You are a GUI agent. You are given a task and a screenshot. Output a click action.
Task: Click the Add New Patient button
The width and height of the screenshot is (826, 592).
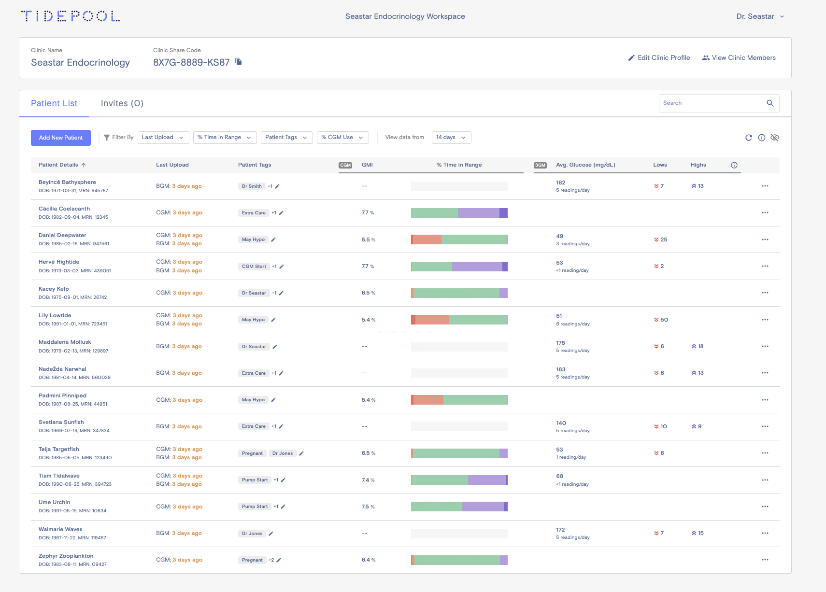(60, 138)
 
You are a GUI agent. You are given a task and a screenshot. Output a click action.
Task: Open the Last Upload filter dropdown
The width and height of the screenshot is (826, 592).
(163, 138)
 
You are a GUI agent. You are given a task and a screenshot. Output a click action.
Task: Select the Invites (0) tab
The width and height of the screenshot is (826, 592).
(122, 103)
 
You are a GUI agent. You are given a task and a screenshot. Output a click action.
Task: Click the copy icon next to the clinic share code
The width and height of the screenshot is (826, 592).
(239, 61)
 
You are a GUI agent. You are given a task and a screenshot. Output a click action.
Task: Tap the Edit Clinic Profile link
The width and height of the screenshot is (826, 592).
(659, 58)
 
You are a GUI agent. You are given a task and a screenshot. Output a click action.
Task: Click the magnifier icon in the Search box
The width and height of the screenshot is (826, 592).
(770, 103)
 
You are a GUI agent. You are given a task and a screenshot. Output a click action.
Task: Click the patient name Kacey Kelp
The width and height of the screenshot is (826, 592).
(54, 289)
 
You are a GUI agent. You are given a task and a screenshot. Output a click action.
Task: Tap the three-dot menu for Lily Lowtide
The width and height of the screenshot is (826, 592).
(765, 320)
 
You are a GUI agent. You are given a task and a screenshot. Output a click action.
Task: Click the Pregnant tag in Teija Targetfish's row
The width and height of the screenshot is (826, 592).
(252, 453)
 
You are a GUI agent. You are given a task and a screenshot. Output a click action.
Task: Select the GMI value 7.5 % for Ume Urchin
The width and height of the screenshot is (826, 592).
(368, 507)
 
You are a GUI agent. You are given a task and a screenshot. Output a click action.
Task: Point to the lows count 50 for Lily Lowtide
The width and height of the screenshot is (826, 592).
(664, 320)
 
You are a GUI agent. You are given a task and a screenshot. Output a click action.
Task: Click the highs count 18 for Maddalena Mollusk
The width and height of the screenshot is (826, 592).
(700, 346)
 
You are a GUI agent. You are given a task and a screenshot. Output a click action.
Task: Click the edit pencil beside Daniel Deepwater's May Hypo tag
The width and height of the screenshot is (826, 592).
(273, 240)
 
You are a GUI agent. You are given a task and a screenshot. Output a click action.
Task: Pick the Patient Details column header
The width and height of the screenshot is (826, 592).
(58, 165)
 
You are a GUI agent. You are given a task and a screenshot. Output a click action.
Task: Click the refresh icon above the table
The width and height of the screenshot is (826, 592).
(748, 138)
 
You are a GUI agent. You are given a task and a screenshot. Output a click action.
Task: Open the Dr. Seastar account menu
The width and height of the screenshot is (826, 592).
(760, 16)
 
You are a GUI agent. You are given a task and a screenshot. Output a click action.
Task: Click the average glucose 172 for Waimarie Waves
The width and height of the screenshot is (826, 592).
(560, 530)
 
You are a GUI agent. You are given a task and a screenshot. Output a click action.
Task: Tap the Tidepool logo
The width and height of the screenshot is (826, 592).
(71, 16)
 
